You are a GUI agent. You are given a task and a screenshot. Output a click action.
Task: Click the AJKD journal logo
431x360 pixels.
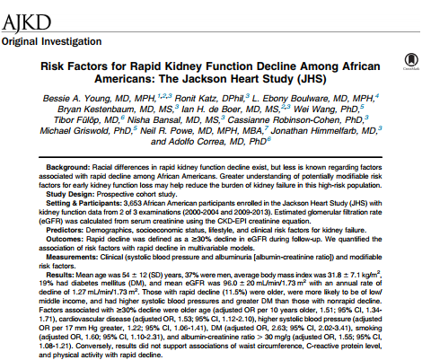[x=26, y=23]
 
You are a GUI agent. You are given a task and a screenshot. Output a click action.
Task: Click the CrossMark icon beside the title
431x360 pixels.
[x=411, y=61]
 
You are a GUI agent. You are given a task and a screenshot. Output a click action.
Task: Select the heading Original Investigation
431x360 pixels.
[x=51, y=41]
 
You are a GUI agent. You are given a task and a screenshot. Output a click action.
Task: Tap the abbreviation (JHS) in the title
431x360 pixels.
[x=312, y=79]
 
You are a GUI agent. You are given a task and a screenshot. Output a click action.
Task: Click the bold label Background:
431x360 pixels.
[x=68, y=167]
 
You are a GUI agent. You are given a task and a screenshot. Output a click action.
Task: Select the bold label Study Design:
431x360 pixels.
[x=70, y=194]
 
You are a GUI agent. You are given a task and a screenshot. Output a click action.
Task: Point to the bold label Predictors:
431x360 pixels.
[x=65, y=230]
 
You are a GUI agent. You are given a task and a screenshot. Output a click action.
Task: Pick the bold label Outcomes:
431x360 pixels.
[x=65, y=239]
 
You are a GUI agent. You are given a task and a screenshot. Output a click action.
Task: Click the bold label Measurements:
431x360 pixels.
[x=72, y=257]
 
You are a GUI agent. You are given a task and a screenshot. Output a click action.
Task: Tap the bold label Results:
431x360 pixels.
[x=59, y=275]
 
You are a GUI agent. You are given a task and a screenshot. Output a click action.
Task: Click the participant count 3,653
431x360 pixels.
[x=132, y=203]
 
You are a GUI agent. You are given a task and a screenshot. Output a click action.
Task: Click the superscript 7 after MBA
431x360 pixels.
[x=266, y=128]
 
